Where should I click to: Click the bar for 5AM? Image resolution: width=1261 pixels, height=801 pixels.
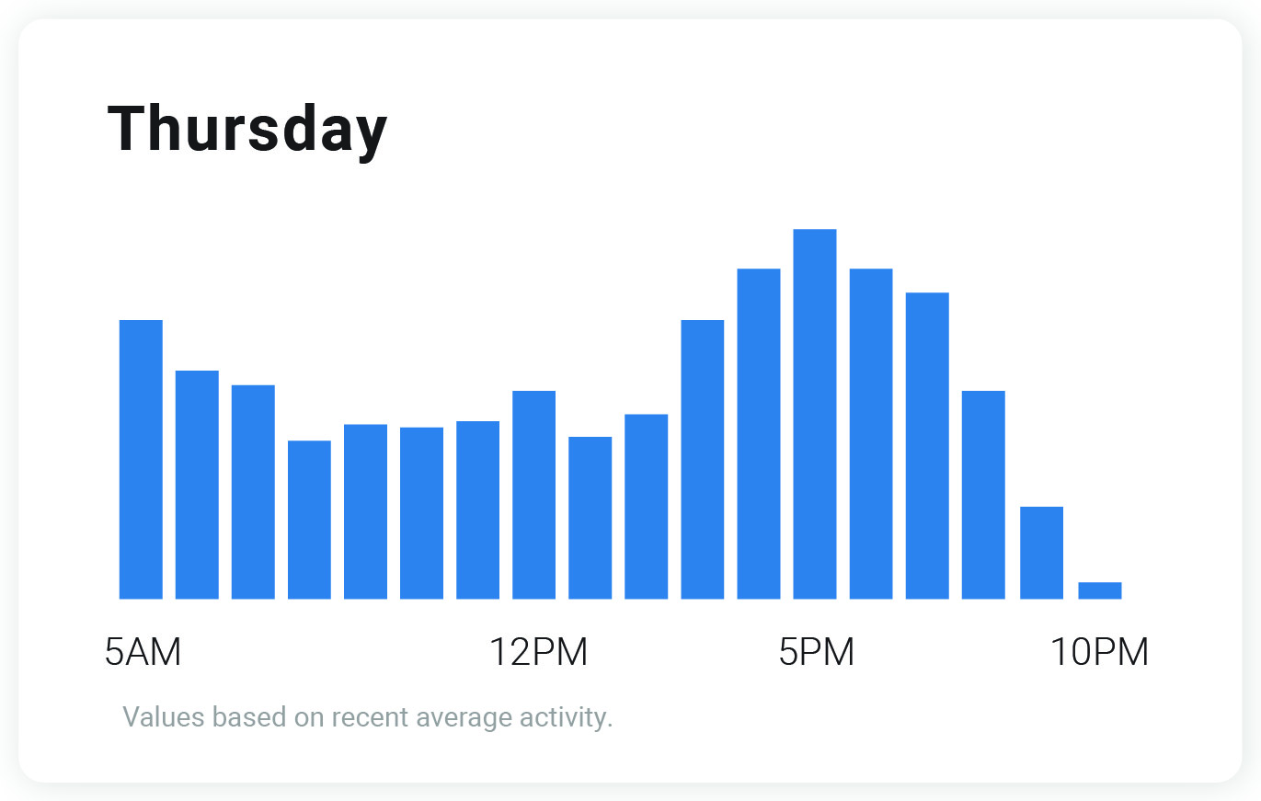click(141, 460)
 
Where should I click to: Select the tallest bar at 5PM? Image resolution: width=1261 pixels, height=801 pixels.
click(815, 414)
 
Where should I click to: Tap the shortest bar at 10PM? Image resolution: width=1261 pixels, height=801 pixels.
click(1099, 590)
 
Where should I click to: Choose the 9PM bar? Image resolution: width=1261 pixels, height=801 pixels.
click(1041, 553)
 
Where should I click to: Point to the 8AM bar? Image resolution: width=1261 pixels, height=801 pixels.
click(309, 520)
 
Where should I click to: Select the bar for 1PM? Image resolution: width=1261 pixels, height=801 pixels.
click(590, 518)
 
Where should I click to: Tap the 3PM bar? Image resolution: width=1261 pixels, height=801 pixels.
click(702, 460)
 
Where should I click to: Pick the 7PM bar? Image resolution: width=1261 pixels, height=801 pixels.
click(927, 446)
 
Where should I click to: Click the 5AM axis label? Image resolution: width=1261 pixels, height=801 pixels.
click(143, 653)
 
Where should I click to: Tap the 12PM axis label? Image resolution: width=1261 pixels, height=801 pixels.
click(538, 653)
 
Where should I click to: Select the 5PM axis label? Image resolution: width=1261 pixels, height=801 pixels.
click(817, 653)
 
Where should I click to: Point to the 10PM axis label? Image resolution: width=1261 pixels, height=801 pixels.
click(1099, 653)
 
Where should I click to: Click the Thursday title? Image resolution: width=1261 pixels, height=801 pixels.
click(247, 130)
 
